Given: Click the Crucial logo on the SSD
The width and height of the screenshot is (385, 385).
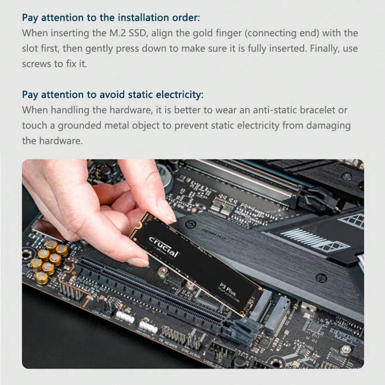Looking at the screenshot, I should [x=163, y=247].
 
